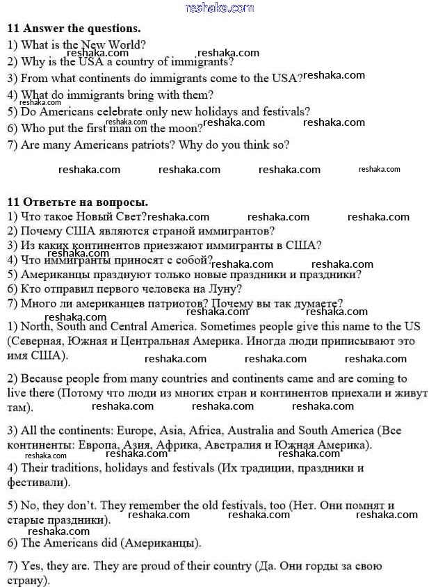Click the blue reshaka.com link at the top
pos(219,8)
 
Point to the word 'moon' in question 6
pos(185,128)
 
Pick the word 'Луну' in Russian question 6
pos(225,289)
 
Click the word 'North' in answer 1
pos(36,326)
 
